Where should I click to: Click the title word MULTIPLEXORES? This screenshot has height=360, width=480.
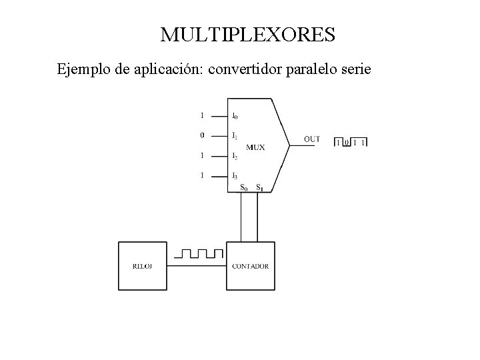[x=247, y=34]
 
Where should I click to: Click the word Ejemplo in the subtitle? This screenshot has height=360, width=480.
[x=83, y=69]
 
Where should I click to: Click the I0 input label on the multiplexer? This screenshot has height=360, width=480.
[x=234, y=115]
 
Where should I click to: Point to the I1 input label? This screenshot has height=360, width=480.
[x=234, y=136]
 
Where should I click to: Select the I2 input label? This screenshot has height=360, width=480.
[x=234, y=156]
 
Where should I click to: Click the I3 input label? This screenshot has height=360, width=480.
[x=234, y=176]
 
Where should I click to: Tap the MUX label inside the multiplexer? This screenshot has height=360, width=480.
[x=255, y=147]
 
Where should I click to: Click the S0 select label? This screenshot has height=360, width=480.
[x=245, y=188]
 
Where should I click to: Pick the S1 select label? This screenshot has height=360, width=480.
[x=259, y=188]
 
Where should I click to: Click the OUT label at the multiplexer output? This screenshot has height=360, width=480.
[x=311, y=139]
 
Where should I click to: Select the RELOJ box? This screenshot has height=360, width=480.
[x=143, y=266]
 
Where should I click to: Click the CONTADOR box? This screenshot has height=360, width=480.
[x=251, y=266]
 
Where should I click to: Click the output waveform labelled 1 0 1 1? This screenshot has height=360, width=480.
[x=351, y=141]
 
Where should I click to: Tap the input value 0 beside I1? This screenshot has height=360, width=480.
[x=202, y=135]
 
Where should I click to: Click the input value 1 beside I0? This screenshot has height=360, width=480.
[x=202, y=115]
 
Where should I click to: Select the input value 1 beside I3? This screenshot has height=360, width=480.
[x=202, y=175]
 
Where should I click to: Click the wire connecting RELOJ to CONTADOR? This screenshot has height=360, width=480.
[x=197, y=266]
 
